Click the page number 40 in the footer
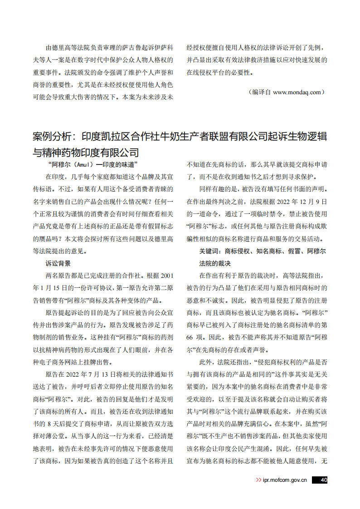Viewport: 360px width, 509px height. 323,480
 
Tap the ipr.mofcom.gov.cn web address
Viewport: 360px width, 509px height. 285,480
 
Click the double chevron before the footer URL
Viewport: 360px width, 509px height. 258,480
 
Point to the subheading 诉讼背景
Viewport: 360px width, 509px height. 58,263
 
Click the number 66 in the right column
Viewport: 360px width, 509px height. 191,337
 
